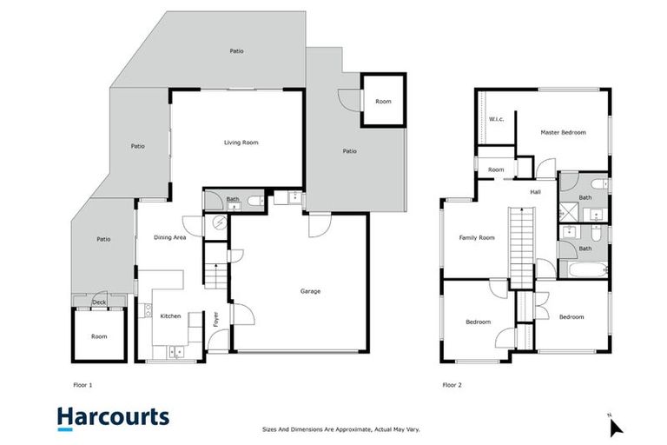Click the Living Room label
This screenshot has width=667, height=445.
(241, 143)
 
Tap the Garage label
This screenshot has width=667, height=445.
(310, 291)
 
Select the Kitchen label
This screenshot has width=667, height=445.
(170, 316)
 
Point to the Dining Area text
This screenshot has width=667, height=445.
(170, 237)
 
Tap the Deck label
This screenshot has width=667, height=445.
(99, 302)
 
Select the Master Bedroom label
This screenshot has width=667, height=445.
(563, 133)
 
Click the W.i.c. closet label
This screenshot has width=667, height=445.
(497, 119)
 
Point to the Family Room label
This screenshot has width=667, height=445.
(477, 237)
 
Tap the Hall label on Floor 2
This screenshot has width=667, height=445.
(536, 192)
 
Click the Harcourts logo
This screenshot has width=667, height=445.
(113, 417)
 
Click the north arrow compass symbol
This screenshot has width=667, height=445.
(615, 427)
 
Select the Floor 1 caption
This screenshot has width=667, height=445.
(83, 383)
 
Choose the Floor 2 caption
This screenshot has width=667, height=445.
(452, 383)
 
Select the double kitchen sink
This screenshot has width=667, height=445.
(176, 352)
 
